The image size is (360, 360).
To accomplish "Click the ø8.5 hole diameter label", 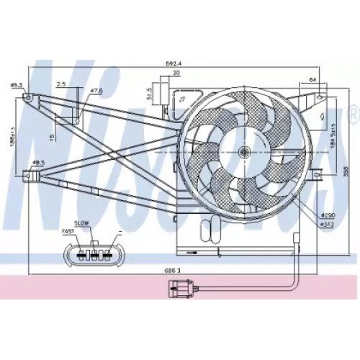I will pyautogui.click(x=38, y=163).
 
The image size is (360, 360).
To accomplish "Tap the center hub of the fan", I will pyautogui.click(x=245, y=153).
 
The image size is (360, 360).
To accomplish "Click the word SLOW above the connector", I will pyautogui.click(x=81, y=223).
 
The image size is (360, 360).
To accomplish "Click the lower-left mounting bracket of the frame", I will pyautogui.click(x=30, y=174).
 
